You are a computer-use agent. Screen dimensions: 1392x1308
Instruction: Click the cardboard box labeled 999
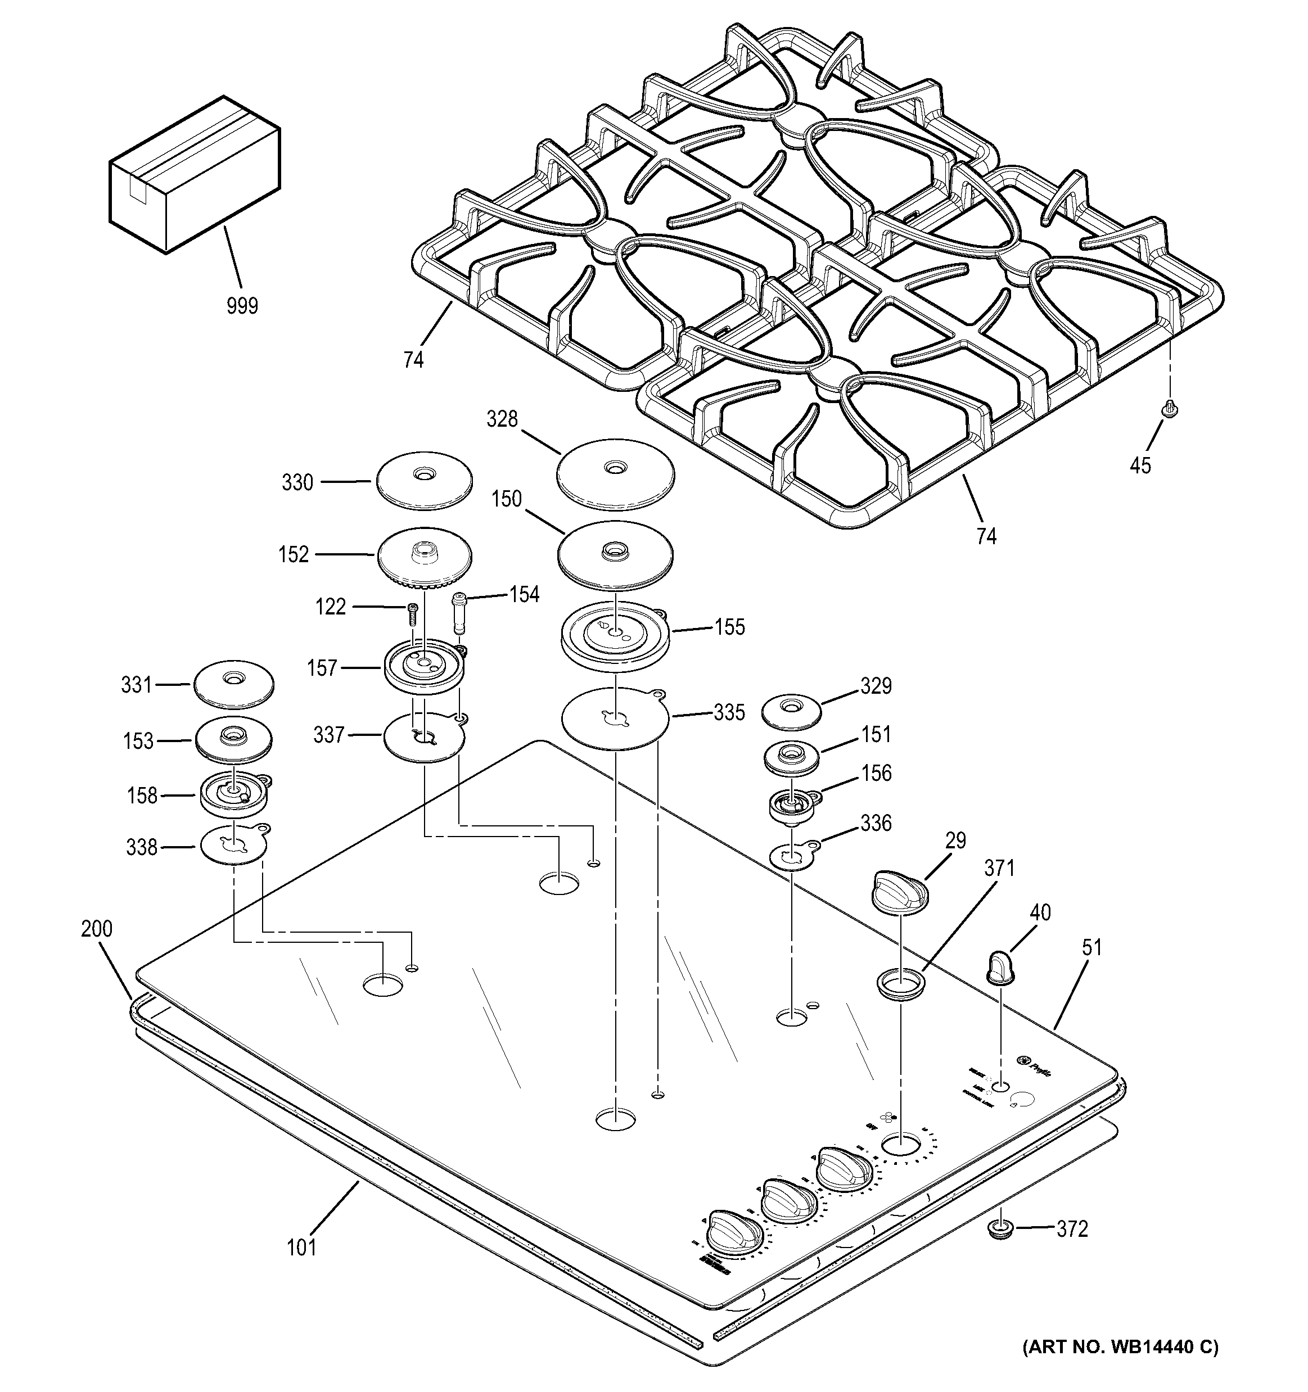(x=194, y=175)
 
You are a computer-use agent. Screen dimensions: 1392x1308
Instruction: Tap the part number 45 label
(x=1140, y=465)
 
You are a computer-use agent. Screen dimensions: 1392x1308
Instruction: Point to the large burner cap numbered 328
(x=616, y=474)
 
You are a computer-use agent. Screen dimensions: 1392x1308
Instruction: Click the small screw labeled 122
(x=412, y=615)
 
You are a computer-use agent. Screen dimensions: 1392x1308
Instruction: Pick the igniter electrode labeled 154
(x=459, y=613)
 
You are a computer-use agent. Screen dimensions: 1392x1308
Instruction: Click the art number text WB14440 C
(x=1120, y=1346)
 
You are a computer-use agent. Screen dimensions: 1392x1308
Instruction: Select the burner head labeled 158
(x=234, y=795)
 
